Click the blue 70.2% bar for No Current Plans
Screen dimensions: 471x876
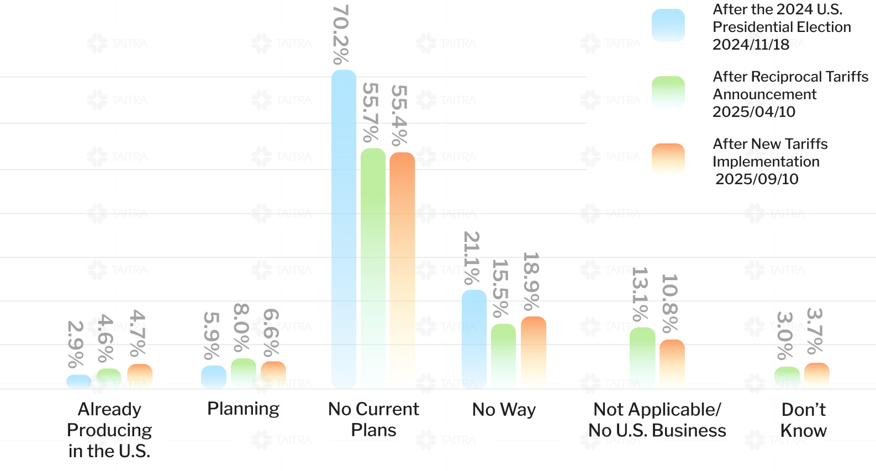click(344, 229)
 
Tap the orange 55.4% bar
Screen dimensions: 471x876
click(402, 270)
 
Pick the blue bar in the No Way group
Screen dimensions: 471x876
click(474, 339)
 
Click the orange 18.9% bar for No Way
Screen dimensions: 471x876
click(534, 352)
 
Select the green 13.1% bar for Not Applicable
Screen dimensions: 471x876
click(642, 358)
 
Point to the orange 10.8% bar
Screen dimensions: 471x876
click(672, 364)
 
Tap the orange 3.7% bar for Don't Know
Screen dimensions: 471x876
click(816, 376)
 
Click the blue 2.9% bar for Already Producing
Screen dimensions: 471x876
click(79, 382)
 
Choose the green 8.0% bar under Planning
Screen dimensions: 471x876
click(244, 373)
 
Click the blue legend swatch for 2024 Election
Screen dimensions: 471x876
click(668, 25)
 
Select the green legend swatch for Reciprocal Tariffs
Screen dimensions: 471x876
click(668, 93)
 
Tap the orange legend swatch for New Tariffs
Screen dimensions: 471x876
click(668, 160)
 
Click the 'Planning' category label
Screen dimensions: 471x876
click(243, 409)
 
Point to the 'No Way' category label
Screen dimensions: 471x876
click(504, 410)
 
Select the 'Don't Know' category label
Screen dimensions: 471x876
click(804, 420)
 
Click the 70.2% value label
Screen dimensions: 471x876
click(341, 35)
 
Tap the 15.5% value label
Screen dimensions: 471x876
click(500, 288)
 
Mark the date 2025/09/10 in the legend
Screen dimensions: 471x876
click(757, 179)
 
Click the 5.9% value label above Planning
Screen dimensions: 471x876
click(212, 335)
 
